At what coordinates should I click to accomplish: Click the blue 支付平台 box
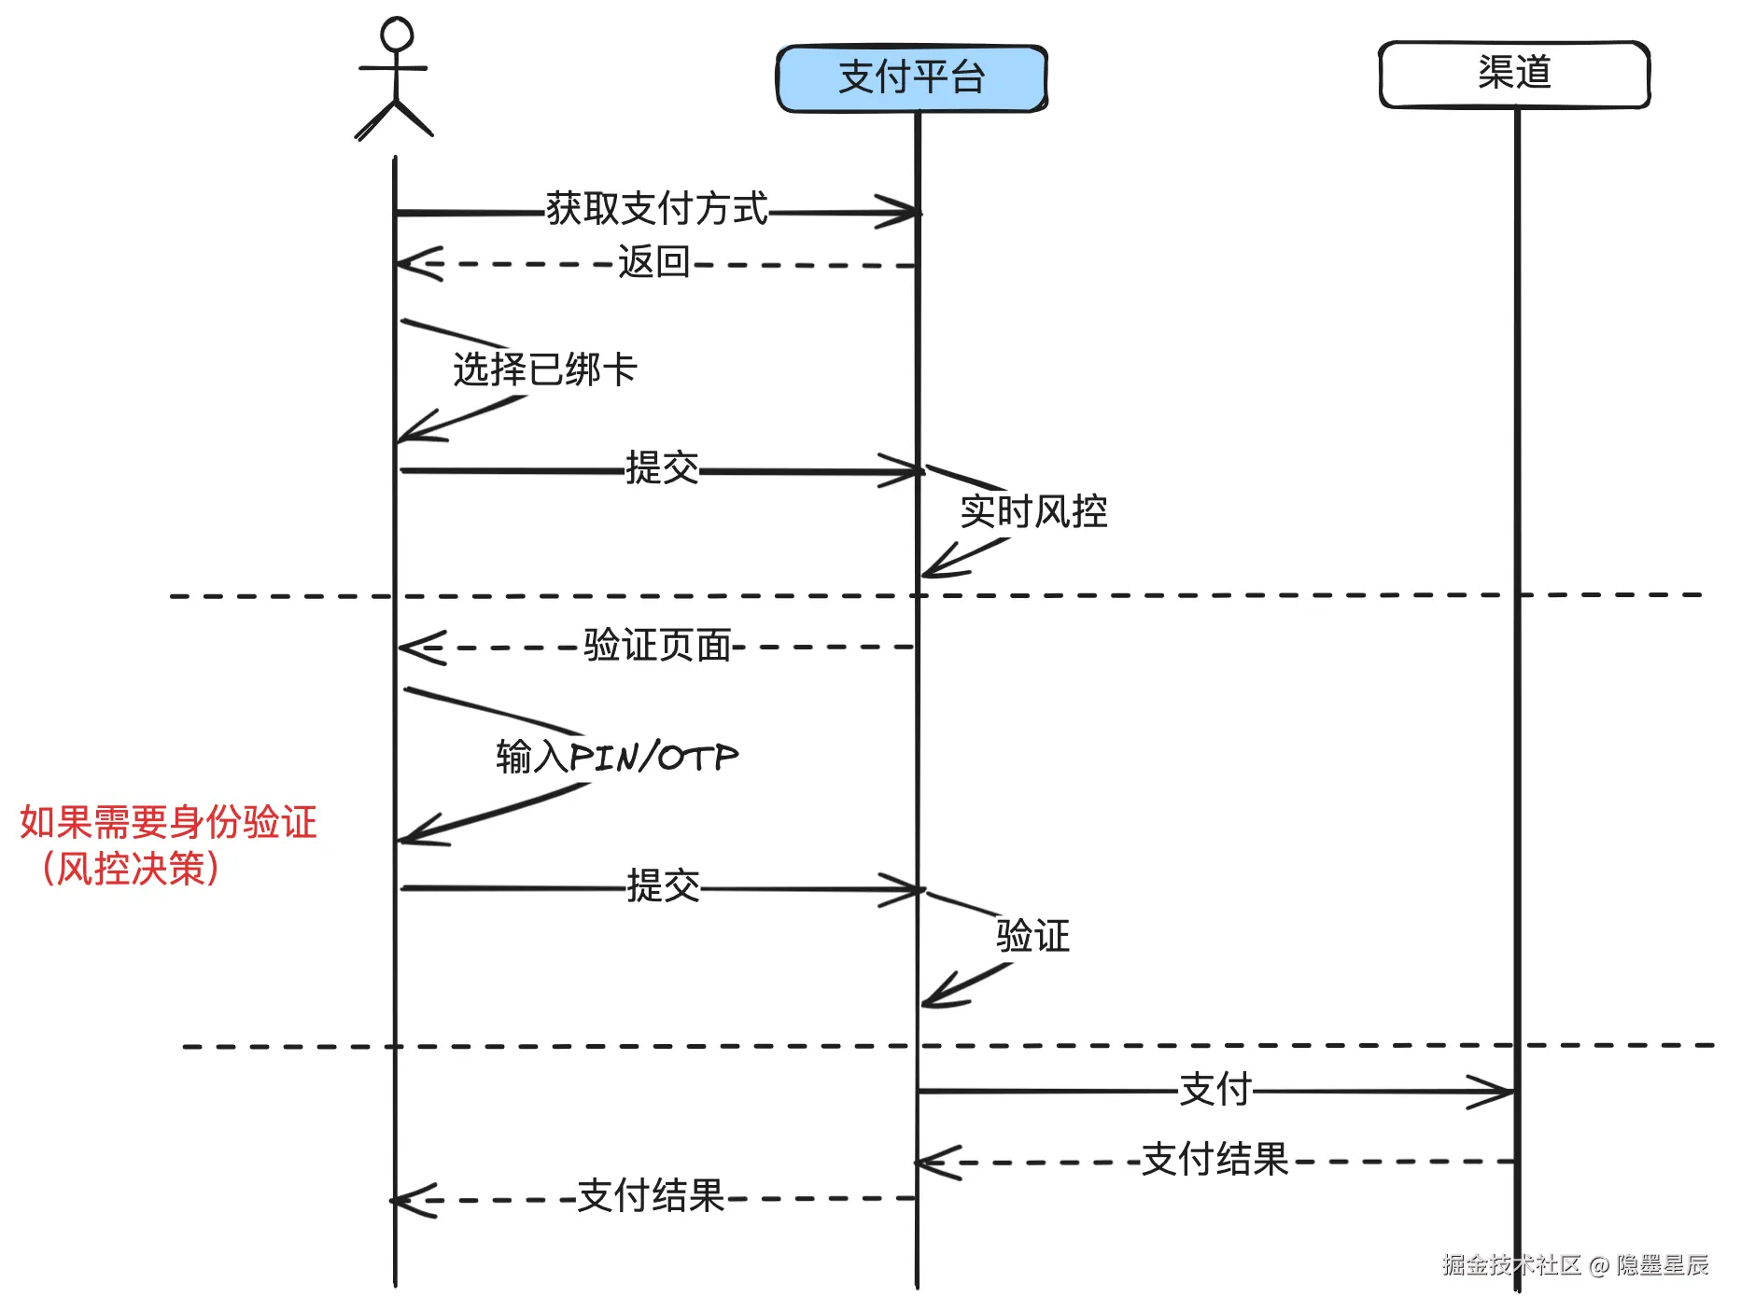pos(911,77)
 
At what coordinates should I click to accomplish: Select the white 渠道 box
pos(1514,74)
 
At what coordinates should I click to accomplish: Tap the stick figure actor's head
pos(397,34)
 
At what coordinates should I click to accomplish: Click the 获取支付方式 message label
pos(657,208)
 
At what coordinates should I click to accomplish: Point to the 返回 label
pos(653,262)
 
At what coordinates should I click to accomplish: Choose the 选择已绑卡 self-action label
pos(545,369)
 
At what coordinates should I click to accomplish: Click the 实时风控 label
pos(1034,511)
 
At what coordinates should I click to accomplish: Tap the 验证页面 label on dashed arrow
pos(657,645)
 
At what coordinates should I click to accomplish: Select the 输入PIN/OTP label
pos(617,756)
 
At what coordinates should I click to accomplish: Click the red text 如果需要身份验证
pos(168,822)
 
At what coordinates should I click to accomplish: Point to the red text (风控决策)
pos(131,869)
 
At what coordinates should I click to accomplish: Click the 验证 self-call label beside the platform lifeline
pos(1032,936)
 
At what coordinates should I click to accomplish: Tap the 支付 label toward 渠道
pos(1215,1089)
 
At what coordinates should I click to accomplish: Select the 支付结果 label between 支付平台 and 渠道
pos(1215,1160)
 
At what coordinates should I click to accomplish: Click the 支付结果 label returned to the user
pos(652,1196)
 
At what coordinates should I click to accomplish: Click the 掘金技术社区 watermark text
pos(1511,1265)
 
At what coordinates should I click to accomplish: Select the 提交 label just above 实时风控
pos(662,467)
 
